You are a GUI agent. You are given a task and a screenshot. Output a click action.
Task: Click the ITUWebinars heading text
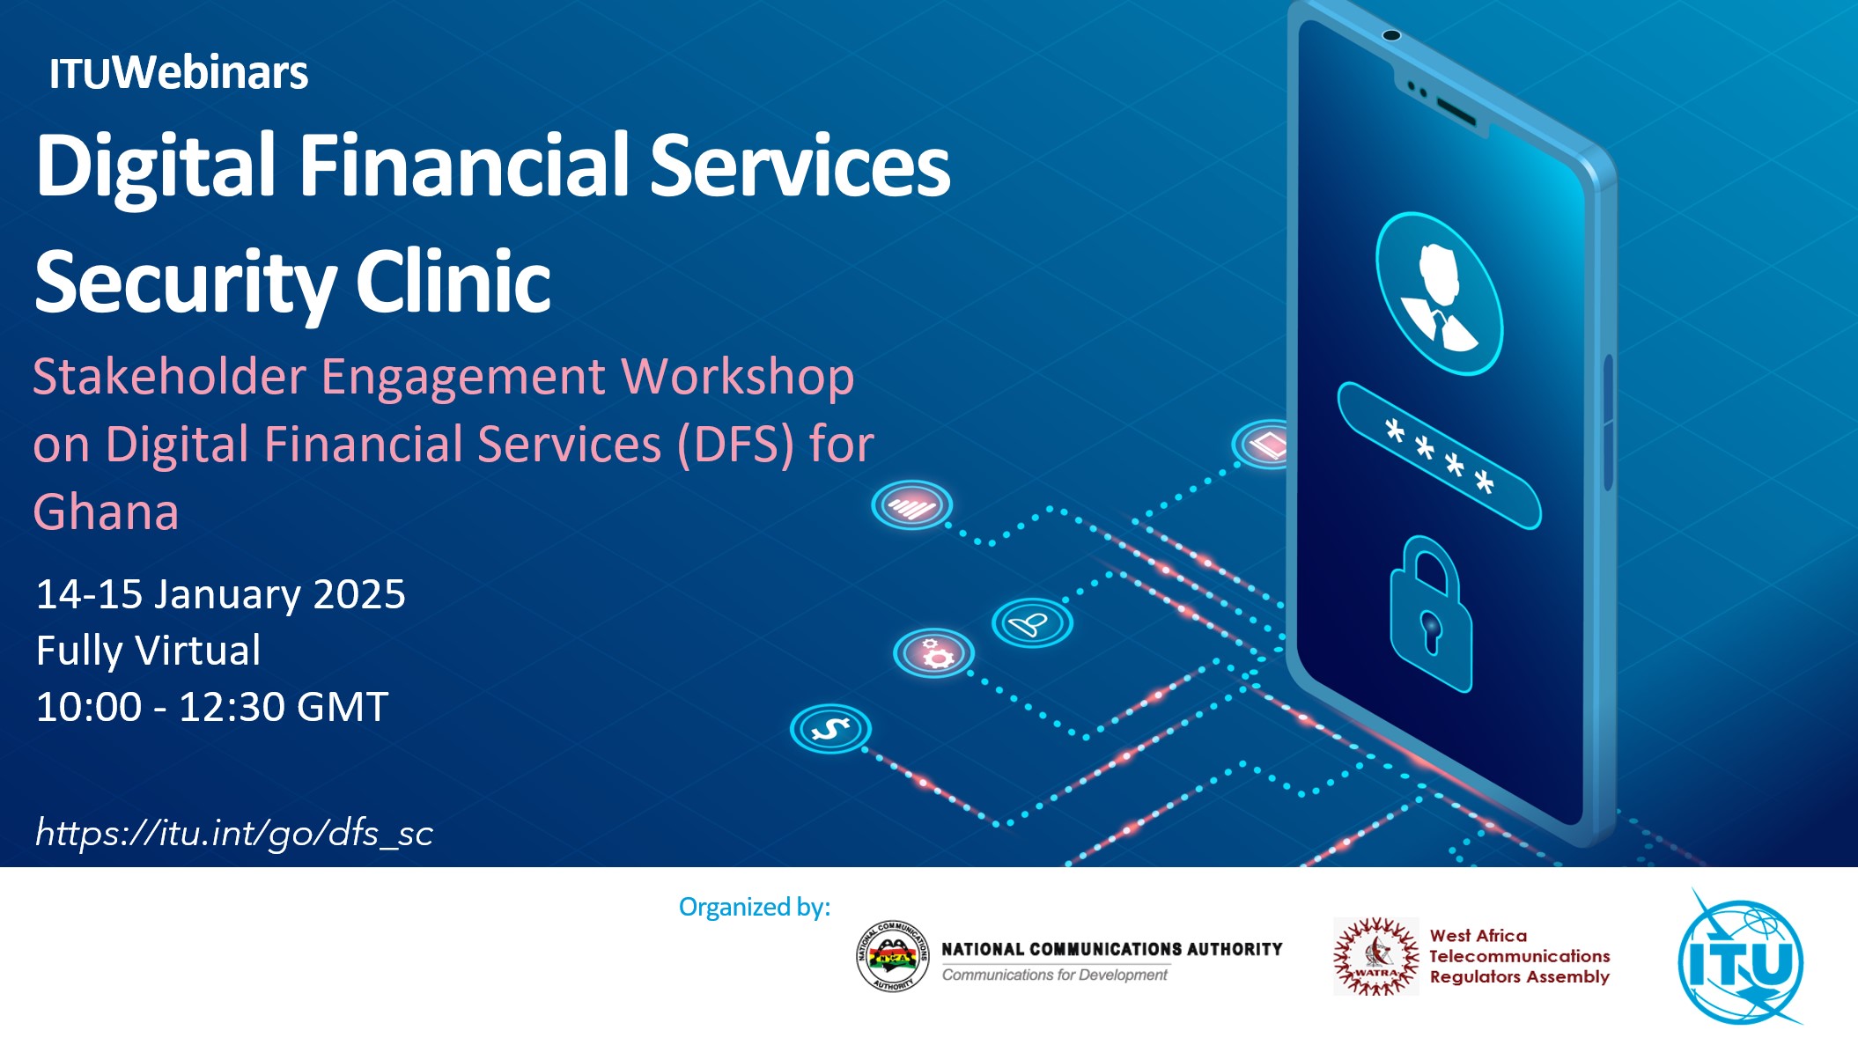pos(179,73)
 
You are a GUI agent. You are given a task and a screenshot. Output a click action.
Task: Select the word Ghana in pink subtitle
pos(106,512)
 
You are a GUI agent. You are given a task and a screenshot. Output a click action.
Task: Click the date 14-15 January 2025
pos(220,594)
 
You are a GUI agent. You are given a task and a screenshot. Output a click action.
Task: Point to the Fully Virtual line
pos(148,651)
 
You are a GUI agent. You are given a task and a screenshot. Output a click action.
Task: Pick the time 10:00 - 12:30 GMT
pos(212,707)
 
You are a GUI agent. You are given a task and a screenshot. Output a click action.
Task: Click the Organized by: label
pos(755,907)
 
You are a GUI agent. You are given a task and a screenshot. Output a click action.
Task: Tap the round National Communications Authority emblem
pos(893,957)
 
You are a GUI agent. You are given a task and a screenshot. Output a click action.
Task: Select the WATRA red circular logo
pos(1375,957)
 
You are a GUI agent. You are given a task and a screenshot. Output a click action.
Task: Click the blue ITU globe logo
pos(1741,960)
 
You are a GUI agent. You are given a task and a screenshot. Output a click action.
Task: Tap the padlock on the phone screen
pos(1430,614)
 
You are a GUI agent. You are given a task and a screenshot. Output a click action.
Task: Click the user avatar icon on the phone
pos(1439,293)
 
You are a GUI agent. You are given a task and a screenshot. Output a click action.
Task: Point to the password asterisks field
pos(1439,455)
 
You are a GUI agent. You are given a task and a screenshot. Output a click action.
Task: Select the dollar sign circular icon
pos(830,729)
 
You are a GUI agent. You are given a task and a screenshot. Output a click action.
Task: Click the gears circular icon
pos(934,653)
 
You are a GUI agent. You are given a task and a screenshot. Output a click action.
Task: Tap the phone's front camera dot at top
pos(1391,35)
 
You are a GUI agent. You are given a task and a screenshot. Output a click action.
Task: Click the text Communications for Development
pos(1055,975)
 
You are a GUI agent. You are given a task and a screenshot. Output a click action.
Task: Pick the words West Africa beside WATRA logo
pos(1478,935)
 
